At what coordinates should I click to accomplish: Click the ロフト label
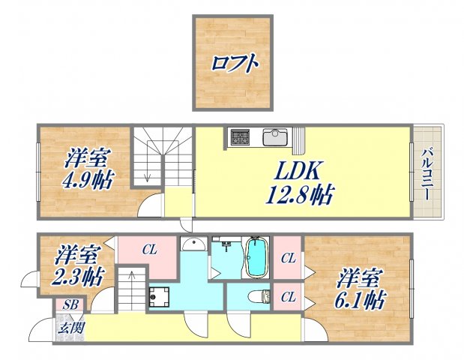235,62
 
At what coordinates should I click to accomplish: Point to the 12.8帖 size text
298,196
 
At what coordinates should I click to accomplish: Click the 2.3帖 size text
77,276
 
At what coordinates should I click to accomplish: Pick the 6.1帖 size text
361,301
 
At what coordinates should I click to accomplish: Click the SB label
70,304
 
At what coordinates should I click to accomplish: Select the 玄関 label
71,327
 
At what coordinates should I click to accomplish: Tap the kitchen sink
275,137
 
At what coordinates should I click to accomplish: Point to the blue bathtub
256,257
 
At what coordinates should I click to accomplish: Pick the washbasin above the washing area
193,245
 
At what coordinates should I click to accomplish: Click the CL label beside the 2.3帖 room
149,250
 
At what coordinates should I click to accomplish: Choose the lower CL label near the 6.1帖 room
288,296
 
